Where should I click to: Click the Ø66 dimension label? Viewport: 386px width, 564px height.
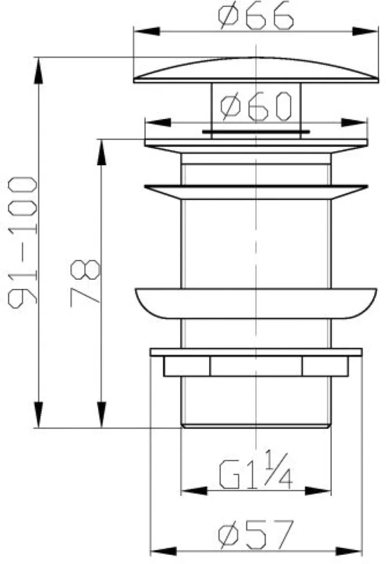click(x=256, y=16)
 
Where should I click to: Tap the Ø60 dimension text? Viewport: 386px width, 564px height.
click(x=256, y=106)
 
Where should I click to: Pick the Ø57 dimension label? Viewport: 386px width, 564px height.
click(x=256, y=536)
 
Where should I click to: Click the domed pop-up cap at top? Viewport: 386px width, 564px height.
click(x=256, y=70)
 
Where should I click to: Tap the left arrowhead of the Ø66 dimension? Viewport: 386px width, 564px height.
click(x=146, y=31)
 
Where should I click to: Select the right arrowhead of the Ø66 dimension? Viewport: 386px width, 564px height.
click(x=365, y=31)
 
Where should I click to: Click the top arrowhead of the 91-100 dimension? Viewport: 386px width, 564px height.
click(x=38, y=70)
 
